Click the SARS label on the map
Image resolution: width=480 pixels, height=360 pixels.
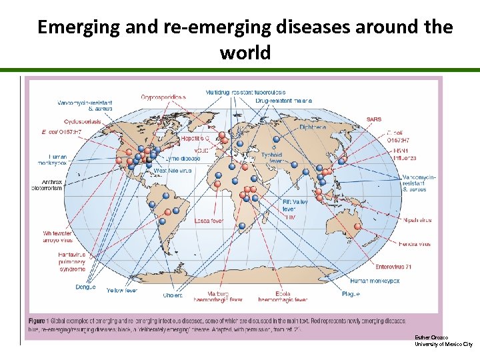tap(373, 119)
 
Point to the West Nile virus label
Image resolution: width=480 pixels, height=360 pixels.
tap(172, 171)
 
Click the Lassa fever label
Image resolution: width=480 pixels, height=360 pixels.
tap(208, 221)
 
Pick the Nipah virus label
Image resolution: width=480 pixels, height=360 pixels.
tap(417, 220)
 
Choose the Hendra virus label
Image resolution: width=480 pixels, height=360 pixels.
tap(415, 244)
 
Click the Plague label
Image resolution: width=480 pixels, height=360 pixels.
tap(351, 294)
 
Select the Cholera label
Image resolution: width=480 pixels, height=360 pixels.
tap(173, 295)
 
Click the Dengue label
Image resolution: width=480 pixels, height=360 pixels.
tap(85, 287)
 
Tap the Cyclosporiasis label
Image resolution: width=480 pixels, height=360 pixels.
tap(83, 121)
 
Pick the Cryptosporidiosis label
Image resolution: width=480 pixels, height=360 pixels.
tap(163, 97)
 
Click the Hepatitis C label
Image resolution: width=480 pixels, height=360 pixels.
tap(195, 137)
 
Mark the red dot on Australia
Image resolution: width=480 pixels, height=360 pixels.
tap(357, 227)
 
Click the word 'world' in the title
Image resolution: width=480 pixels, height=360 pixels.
tap(245, 53)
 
